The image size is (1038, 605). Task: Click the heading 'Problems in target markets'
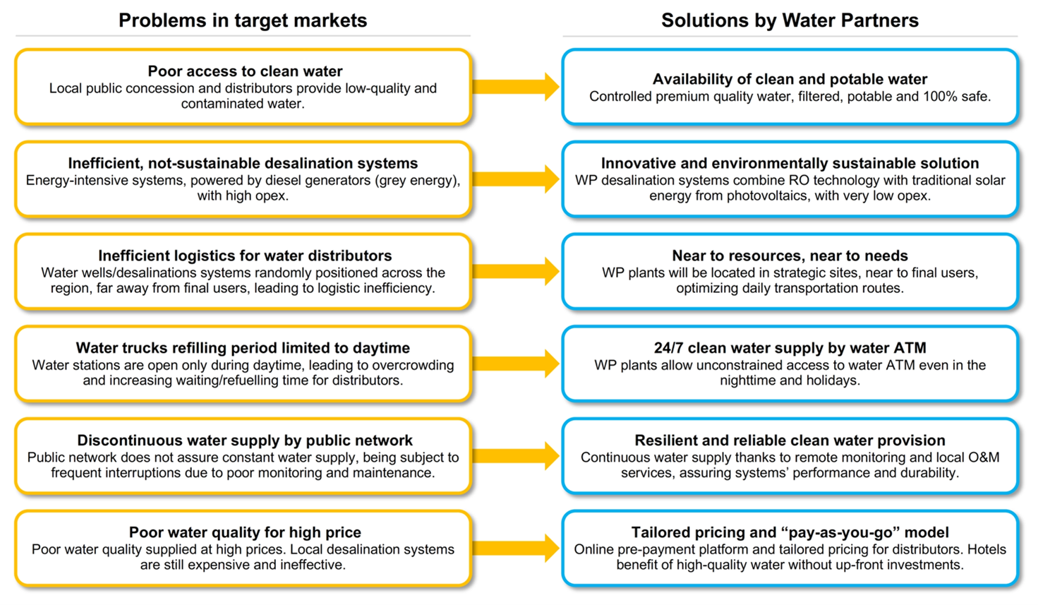(243, 20)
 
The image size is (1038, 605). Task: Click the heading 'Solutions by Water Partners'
(790, 20)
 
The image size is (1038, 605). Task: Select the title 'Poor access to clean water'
(245, 71)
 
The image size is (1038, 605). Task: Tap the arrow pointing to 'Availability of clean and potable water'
(516, 87)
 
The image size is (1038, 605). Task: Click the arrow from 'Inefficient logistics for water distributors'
(516, 271)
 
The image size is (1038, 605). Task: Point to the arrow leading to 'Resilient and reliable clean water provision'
(516, 455)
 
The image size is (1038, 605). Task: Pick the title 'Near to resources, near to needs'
(790, 256)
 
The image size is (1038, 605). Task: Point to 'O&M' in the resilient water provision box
(984, 457)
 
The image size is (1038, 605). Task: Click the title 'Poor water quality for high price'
(245, 532)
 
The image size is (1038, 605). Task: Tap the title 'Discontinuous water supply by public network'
(245, 441)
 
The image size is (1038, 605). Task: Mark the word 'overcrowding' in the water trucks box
(413, 365)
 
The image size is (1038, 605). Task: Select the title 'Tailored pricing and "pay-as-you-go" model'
(790, 532)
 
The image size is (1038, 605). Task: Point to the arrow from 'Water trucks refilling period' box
(516, 364)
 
